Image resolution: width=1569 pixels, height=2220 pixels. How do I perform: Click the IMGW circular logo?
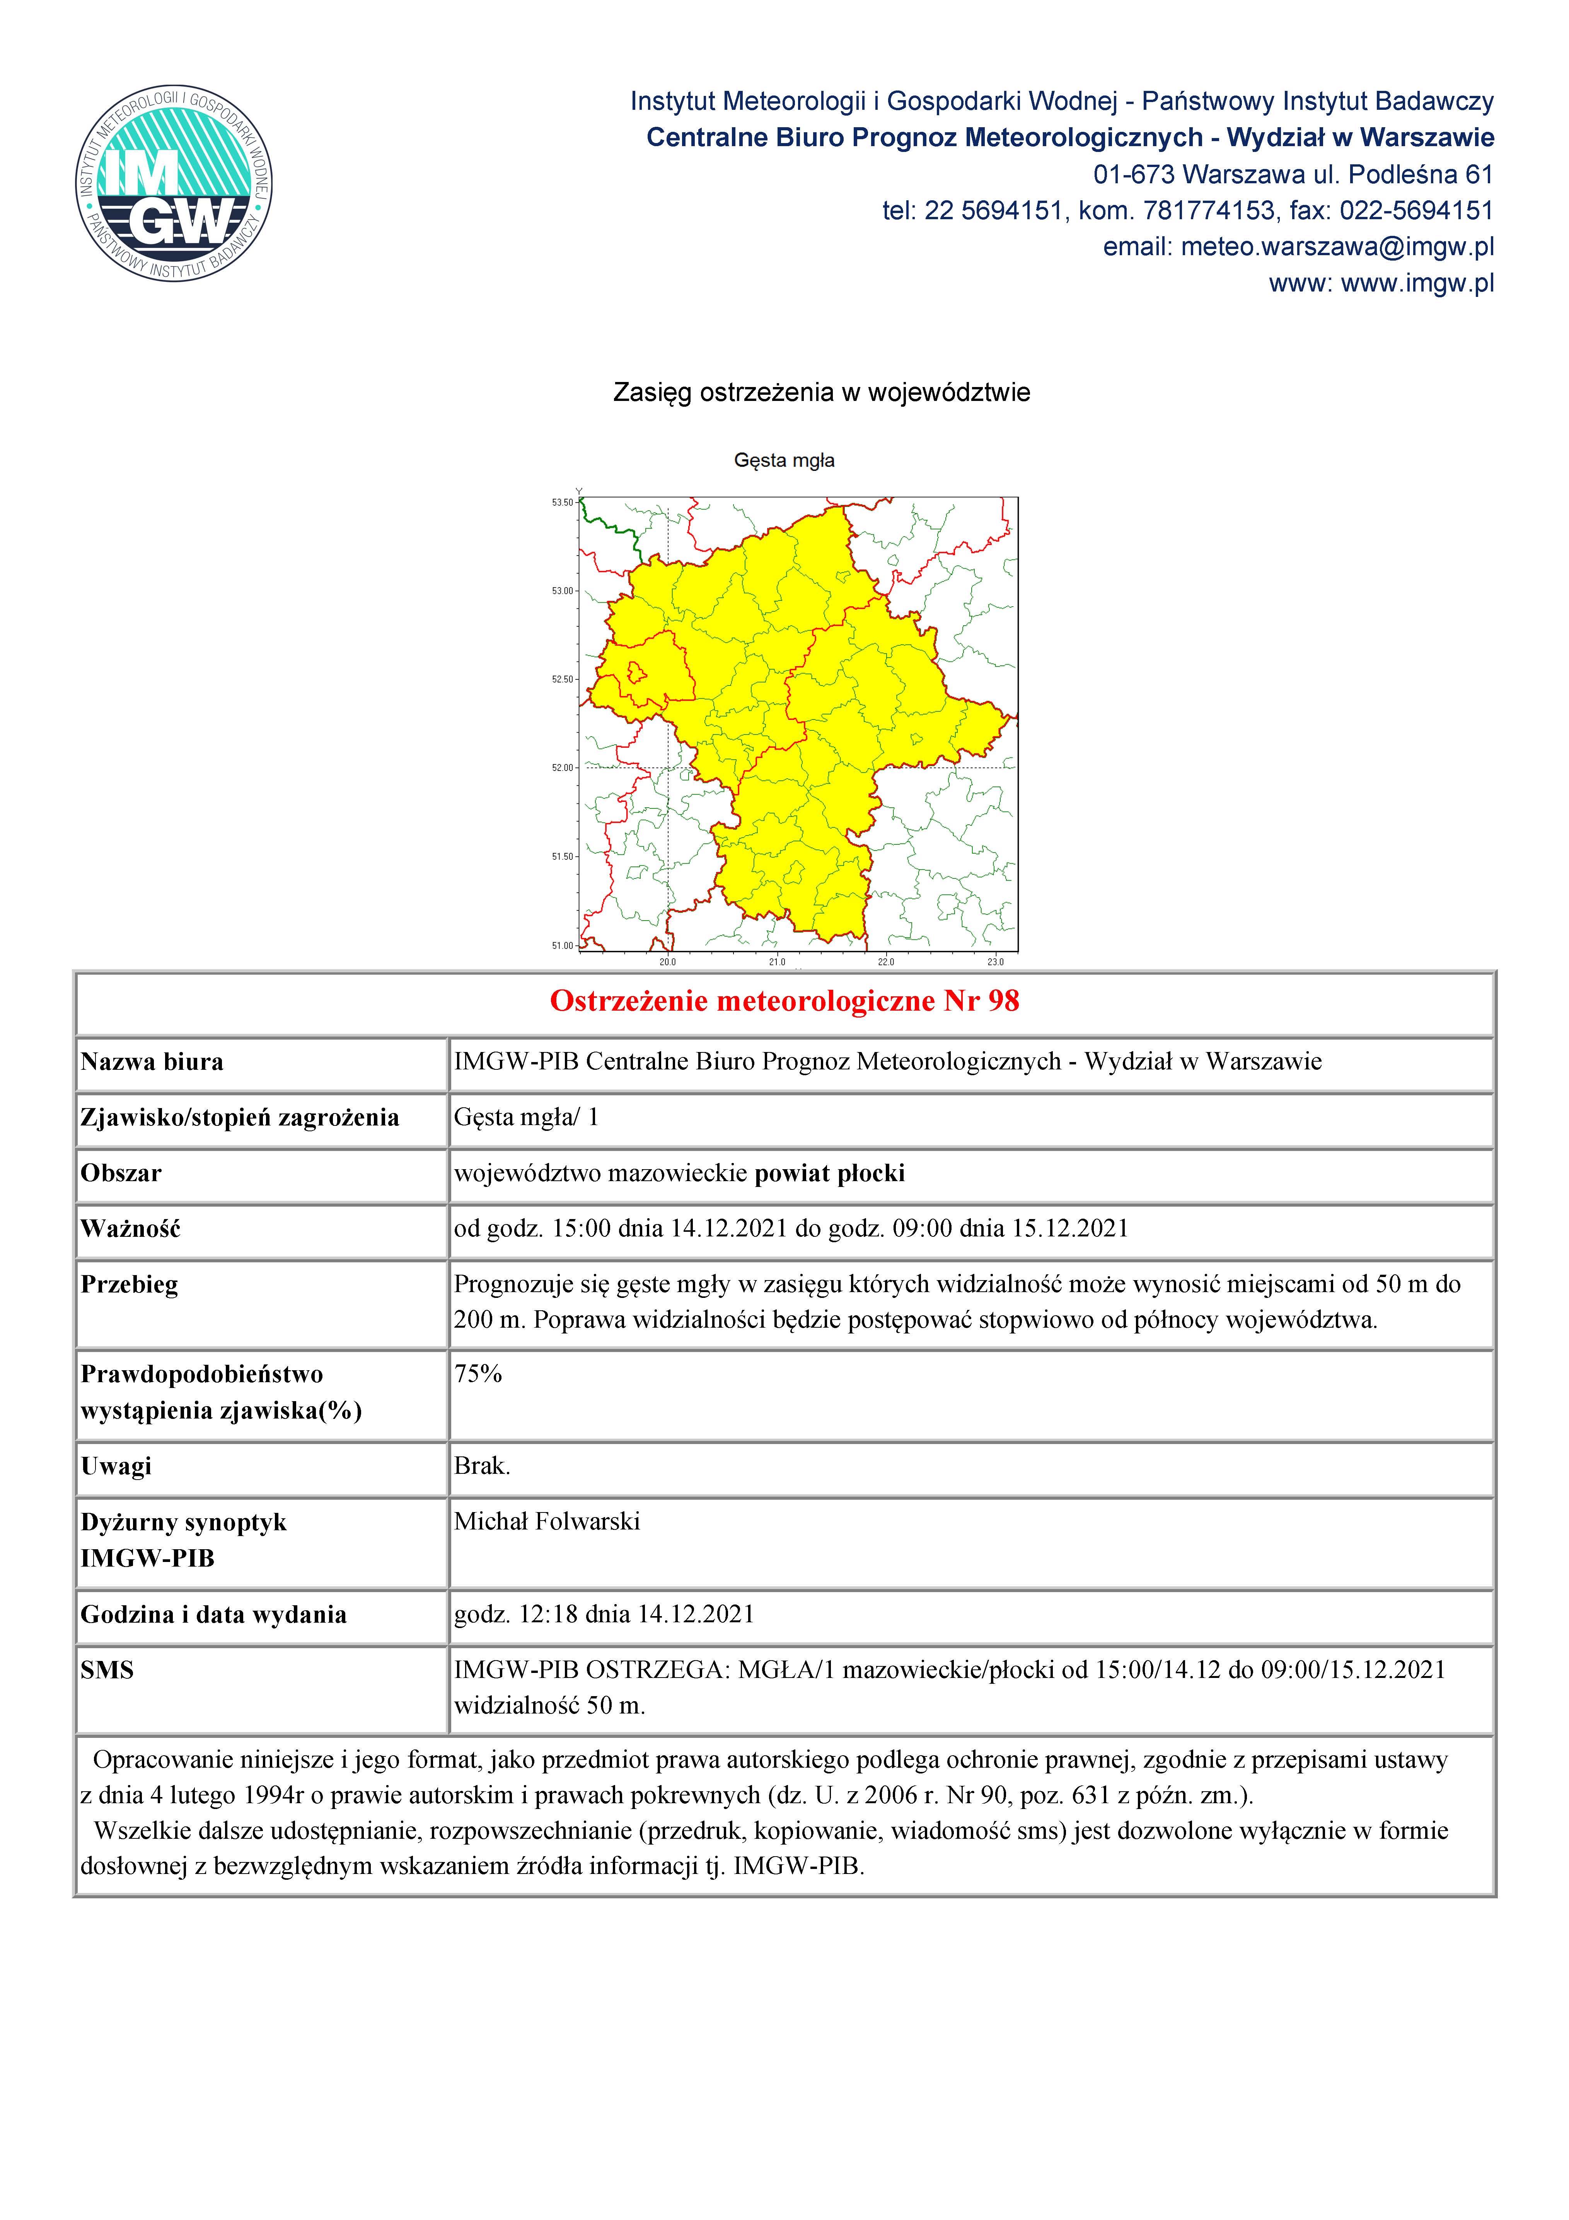[174, 183]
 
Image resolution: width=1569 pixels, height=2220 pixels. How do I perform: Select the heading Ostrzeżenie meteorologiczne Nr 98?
[784, 1001]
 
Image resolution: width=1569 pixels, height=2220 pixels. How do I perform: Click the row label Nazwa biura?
[152, 1062]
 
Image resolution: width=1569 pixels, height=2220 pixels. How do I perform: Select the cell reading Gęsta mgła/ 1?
[526, 1118]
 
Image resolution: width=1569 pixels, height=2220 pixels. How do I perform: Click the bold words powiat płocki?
[829, 1174]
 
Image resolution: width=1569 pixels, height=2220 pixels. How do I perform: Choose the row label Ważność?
[131, 1229]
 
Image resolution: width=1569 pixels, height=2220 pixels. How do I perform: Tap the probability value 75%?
[478, 1374]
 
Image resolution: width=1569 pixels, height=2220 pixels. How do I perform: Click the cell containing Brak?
[481, 1466]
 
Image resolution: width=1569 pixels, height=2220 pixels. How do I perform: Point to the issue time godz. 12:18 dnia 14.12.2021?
[603, 1614]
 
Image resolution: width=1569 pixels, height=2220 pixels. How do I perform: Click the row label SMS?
[107, 1670]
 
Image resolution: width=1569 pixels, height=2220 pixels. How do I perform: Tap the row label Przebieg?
[130, 1285]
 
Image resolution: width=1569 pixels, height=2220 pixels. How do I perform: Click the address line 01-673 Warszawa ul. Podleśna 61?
[1293, 175]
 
